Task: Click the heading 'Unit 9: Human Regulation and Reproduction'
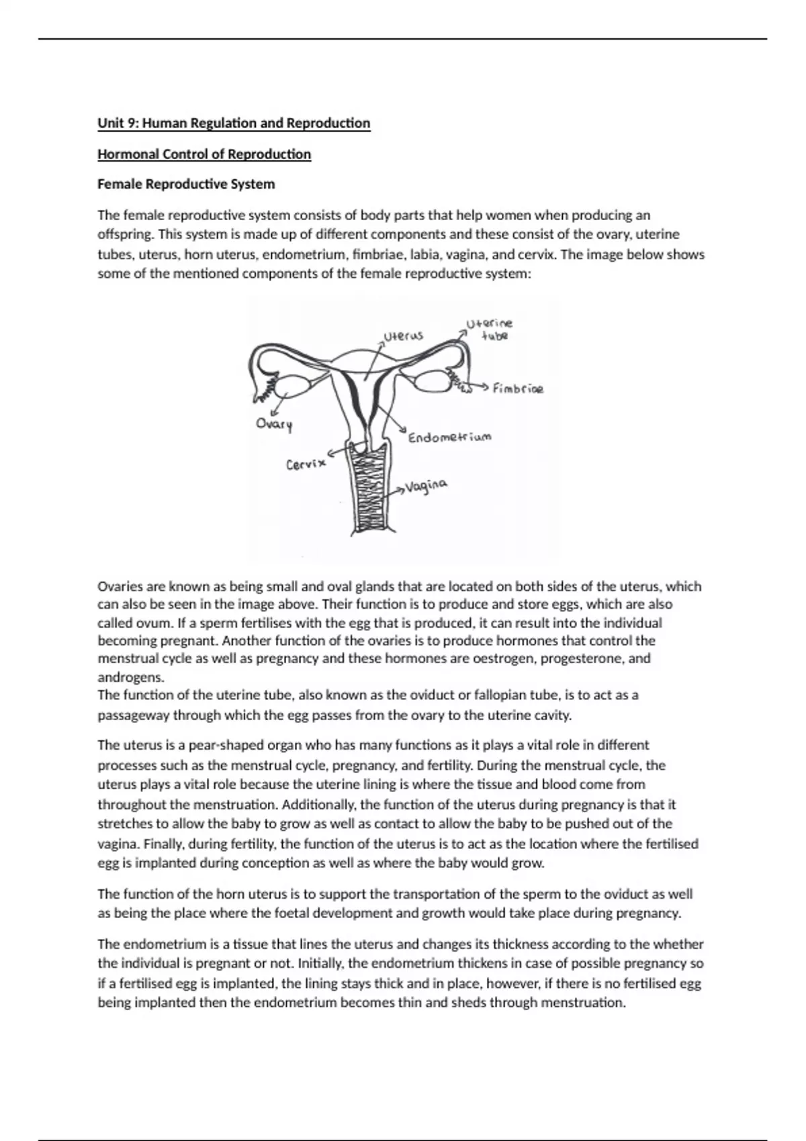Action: click(234, 123)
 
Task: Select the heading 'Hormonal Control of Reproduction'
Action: click(204, 154)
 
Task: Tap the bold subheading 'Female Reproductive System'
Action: click(186, 184)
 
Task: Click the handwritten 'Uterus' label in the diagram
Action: click(403, 335)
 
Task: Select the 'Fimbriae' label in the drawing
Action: click(518, 389)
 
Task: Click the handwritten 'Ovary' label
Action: click(274, 424)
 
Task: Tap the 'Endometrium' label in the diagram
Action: click(450, 438)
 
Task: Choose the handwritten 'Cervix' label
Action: click(306, 464)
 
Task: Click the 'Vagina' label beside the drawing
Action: click(427, 485)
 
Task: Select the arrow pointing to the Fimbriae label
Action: click(479, 387)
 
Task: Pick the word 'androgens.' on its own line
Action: click(130, 677)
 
